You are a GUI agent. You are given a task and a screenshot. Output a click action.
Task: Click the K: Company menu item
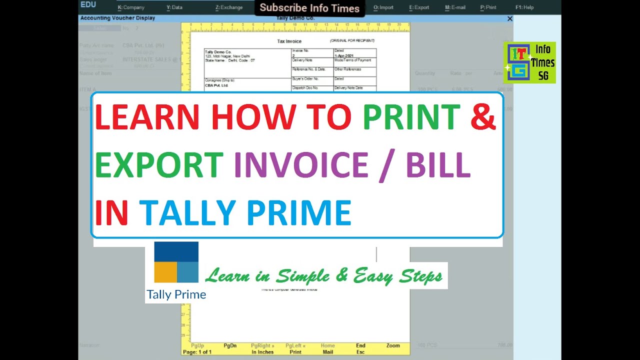[x=131, y=7]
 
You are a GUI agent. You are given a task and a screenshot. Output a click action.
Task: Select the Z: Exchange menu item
[x=229, y=7]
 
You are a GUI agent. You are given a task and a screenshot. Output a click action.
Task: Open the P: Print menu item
[x=488, y=7]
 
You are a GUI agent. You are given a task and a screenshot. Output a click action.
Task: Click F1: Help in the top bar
[x=524, y=7]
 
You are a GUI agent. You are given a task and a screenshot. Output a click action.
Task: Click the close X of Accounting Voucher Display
[x=510, y=18]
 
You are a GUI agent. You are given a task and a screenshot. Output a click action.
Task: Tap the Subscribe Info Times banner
[x=309, y=8]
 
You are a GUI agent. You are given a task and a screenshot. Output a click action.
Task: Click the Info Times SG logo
[x=529, y=62]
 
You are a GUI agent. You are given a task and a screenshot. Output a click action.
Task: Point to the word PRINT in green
[x=411, y=117]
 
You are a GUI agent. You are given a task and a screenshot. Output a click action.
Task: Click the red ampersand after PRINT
[x=482, y=117]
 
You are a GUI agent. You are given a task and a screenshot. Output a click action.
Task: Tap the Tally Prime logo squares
[x=176, y=262]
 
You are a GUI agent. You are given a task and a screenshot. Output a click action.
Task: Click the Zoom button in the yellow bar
[x=393, y=345]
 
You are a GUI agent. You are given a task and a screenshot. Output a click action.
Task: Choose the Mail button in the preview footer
[x=327, y=352]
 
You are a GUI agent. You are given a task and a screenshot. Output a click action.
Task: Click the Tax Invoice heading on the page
[x=289, y=41]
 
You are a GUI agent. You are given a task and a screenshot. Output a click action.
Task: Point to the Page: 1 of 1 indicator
[x=197, y=352]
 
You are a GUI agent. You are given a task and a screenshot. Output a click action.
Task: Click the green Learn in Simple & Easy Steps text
[x=324, y=275]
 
